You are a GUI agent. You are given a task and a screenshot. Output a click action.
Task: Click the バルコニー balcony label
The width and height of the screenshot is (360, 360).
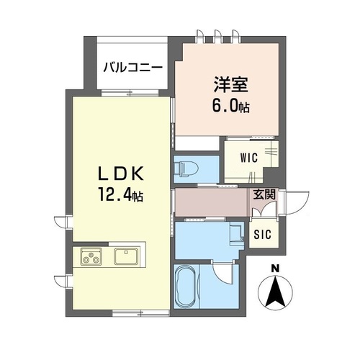132,69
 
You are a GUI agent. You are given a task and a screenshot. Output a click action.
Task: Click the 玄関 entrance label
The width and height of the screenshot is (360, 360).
263,194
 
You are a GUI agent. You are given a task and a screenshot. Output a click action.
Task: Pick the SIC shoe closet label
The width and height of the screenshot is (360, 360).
264,233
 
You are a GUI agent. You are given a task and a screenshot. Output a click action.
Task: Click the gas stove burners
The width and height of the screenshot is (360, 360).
92,255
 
